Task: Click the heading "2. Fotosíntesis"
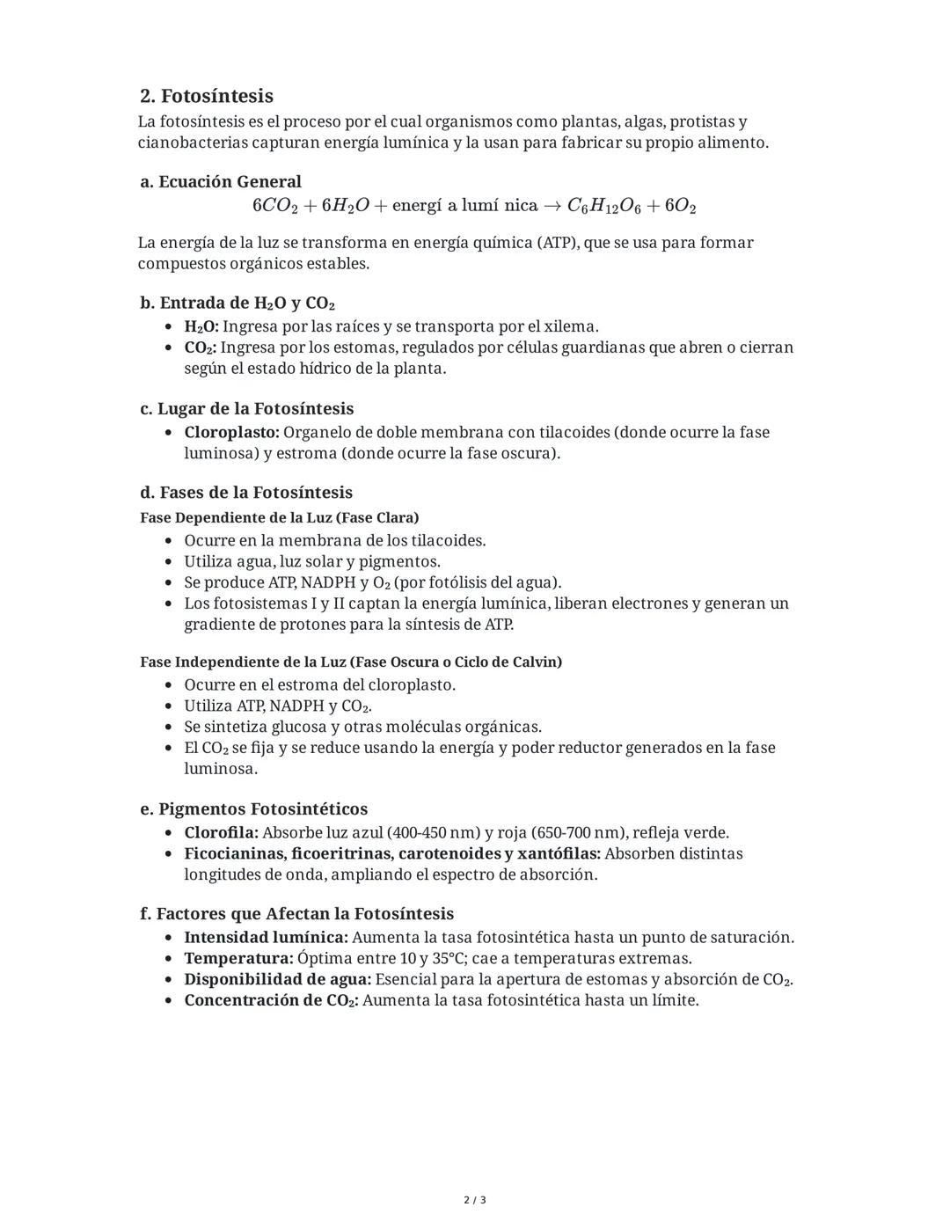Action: pyautogui.click(x=207, y=96)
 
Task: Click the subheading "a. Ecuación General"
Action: pyautogui.click(x=221, y=182)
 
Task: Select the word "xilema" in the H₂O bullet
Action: pyautogui.click(x=571, y=326)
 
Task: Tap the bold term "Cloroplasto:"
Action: pyautogui.click(x=231, y=432)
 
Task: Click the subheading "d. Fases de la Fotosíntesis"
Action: pyautogui.click(x=246, y=493)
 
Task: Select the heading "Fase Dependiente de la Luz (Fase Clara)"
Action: pyautogui.click(x=279, y=517)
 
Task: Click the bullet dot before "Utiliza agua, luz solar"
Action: pyautogui.click(x=169, y=562)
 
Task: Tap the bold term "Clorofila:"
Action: pyautogui.click(x=221, y=832)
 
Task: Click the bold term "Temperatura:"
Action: pyautogui.click(x=238, y=958)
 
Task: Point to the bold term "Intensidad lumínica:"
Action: pyautogui.click(x=266, y=937)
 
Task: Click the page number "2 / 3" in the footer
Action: pyautogui.click(x=475, y=1200)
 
